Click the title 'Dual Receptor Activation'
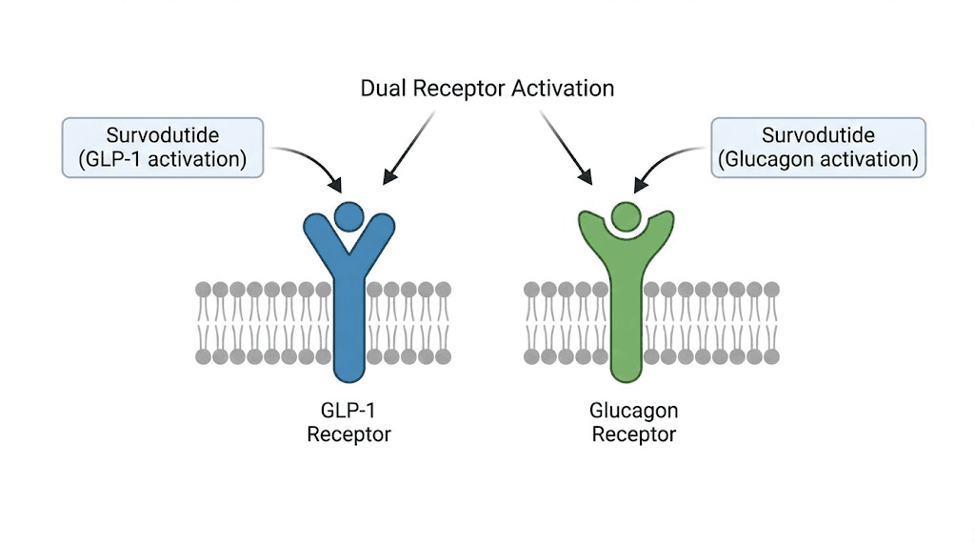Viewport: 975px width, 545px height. (487, 89)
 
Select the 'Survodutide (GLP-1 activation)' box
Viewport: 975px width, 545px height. (162, 147)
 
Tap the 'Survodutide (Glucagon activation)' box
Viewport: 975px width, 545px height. (819, 147)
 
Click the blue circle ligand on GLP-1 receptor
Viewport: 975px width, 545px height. (348, 216)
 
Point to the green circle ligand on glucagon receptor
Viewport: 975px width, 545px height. (627, 216)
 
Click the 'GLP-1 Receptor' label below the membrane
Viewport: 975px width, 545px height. (348, 422)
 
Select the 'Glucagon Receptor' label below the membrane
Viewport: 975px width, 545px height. (633, 422)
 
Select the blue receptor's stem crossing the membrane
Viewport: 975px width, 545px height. (348, 324)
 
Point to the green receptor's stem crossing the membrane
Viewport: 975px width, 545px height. (627, 324)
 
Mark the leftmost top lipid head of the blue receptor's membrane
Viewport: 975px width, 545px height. (203, 289)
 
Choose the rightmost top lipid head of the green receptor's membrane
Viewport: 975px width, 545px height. (771, 289)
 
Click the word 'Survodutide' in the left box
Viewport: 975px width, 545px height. (162, 135)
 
